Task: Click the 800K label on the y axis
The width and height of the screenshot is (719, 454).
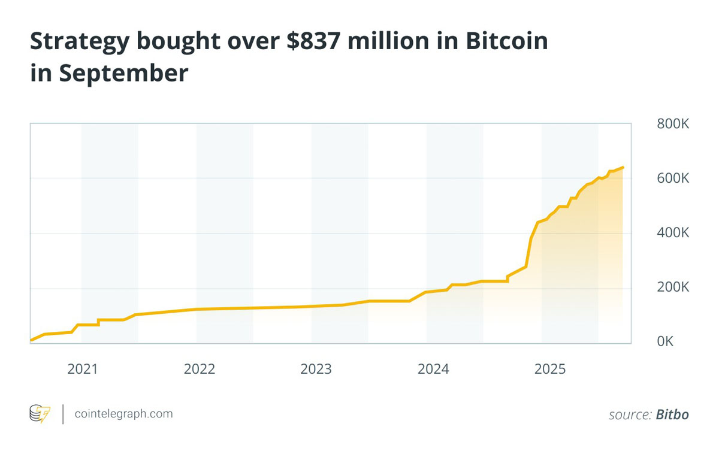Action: coord(673,125)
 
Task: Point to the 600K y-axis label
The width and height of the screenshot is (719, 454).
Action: coord(673,178)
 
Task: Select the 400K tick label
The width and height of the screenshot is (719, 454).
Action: coord(673,233)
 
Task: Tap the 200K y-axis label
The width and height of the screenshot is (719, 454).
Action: coord(673,287)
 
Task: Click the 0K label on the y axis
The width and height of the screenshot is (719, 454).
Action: coord(665,341)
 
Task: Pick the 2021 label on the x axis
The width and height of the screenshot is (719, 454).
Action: coord(82,369)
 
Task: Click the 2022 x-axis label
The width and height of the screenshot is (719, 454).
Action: coord(199,369)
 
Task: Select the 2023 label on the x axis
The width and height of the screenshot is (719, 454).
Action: coord(316,369)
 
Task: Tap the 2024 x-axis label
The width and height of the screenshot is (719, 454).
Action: coord(433,369)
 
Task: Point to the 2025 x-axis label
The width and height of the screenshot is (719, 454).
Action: coord(549,369)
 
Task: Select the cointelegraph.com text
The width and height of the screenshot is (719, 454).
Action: coord(123,414)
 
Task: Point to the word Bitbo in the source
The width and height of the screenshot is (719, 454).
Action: coord(672,414)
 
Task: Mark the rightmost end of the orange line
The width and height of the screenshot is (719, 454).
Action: coord(624,167)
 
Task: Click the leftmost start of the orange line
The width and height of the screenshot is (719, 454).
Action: coord(31,340)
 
